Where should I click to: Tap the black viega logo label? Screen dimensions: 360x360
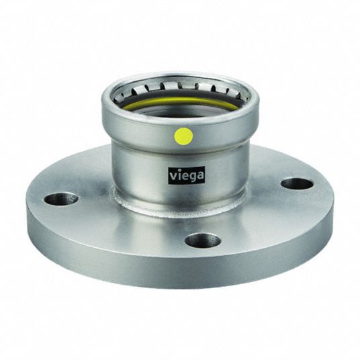click(186, 176)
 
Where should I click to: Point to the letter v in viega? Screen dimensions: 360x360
click(173, 177)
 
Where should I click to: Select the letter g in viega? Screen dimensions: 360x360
click(192, 177)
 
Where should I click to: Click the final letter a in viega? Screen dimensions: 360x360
click(199, 177)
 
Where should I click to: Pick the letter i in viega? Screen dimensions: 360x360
click(178, 175)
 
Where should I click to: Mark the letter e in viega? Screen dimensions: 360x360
click(185, 177)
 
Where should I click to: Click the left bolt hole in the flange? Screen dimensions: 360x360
click(61, 199)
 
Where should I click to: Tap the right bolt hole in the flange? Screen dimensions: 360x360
click(298, 183)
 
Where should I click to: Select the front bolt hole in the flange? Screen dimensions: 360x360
click(203, 240)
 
